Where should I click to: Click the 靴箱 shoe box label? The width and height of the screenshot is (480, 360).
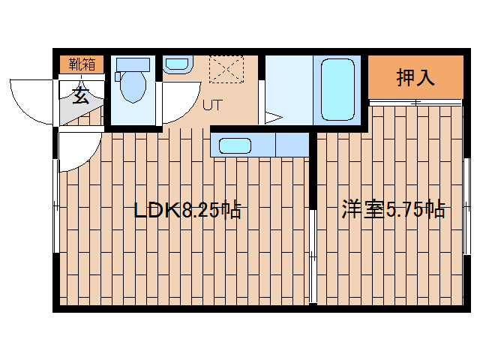82,64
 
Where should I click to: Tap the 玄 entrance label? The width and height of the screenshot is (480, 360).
81,95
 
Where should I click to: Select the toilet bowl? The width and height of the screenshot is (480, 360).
133,87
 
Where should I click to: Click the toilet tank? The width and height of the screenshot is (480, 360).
133,65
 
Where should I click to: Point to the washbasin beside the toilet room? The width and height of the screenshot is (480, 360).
177,64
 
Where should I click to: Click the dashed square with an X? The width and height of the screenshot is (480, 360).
226,70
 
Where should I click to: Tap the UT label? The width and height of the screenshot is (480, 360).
211,105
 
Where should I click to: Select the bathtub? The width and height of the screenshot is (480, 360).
337,89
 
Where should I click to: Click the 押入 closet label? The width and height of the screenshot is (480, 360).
415,78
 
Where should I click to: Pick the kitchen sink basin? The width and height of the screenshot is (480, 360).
235,145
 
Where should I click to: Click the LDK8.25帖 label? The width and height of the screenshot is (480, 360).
187,210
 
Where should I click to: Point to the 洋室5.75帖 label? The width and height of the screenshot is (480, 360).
393,209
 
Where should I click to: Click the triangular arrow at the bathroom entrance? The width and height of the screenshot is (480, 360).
273,118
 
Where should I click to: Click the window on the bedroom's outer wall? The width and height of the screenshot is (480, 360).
466,206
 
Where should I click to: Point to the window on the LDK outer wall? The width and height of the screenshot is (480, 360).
56,205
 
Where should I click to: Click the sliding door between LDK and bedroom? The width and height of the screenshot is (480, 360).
313,256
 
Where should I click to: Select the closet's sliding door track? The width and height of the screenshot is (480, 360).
415,103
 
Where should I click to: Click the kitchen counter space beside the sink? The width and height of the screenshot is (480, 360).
292,145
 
